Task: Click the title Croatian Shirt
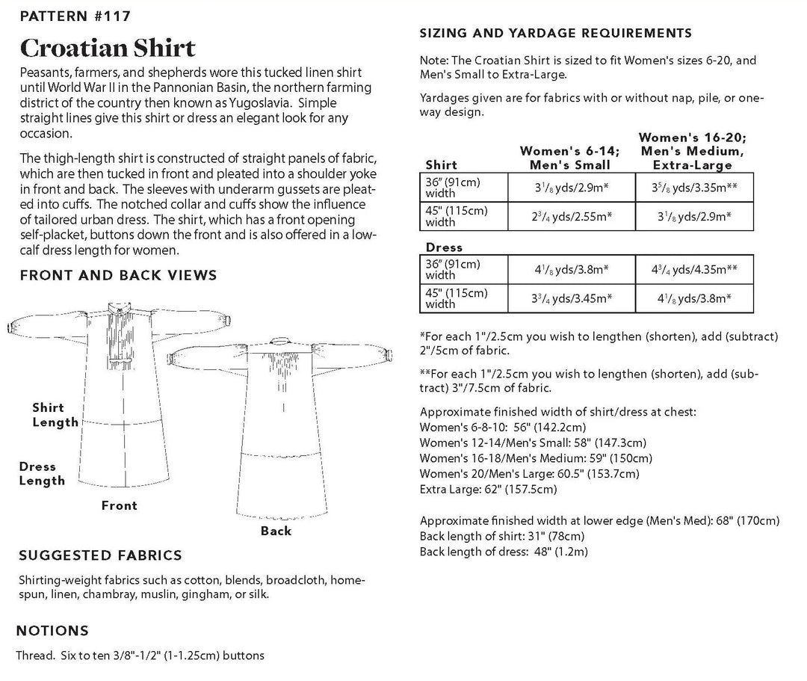[108, 48]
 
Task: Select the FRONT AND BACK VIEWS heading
[118, 275]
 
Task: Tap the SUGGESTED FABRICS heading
[99, 555]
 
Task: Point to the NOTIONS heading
[52, 631]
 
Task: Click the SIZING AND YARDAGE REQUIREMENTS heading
[555, 33]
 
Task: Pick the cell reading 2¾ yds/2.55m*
[572, 215]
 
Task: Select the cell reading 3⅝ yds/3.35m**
[694, 186]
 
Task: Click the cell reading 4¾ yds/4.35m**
[694, 268]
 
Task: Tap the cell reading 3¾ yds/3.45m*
[572, 298]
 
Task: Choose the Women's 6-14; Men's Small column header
[565, 158]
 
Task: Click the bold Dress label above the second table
[444, 247]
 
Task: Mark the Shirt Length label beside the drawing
[55, 415]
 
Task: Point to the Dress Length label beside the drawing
[43, 474]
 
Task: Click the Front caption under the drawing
[120, 506]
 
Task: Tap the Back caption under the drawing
[276, 531]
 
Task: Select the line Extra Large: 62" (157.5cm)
[487, 490]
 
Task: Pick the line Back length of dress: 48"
[504, 552]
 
